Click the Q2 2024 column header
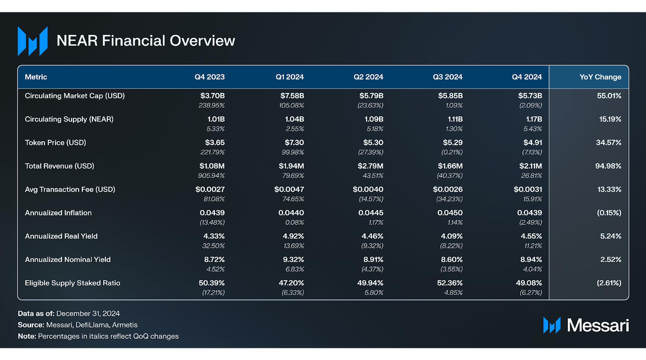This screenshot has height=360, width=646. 368,77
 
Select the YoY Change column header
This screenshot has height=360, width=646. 600,77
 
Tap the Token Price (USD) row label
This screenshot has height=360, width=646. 55,142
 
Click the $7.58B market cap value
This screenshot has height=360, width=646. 292,96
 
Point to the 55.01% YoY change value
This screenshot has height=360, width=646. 609,96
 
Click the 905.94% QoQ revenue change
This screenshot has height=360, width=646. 211,175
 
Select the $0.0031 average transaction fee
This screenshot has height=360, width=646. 528,189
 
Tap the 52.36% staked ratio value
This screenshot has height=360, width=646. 450,283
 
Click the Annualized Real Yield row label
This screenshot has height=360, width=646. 61,236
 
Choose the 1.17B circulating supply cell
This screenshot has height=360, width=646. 534,119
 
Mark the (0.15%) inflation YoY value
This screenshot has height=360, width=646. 609,213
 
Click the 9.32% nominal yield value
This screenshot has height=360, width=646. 293,260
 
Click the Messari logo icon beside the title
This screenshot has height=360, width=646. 33,41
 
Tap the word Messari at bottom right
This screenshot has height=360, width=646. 598,325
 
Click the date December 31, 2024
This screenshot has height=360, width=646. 88,314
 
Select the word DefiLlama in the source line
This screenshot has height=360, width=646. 92,325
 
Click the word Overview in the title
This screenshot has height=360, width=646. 202,41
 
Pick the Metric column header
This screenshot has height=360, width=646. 36,77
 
